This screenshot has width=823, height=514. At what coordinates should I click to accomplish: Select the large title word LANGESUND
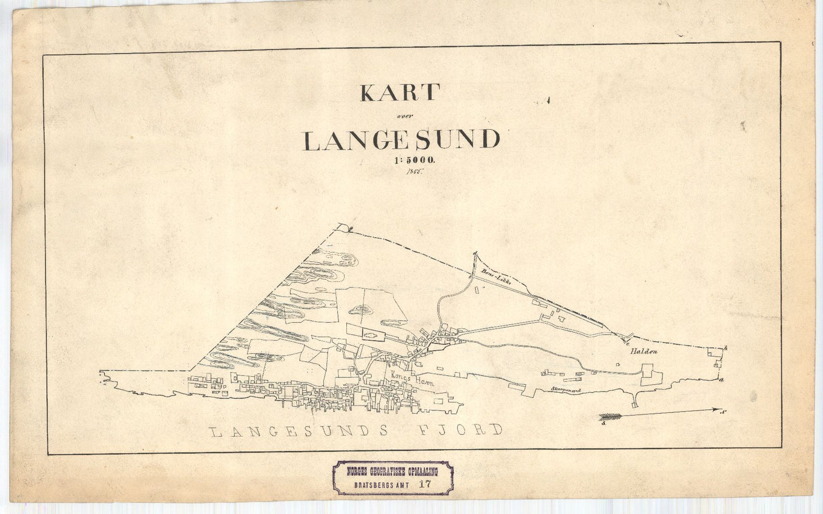(x=402, y=141)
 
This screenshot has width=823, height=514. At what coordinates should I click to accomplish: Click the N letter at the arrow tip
(x=722, y=411)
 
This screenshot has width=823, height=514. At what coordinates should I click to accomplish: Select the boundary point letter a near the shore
(x=722, y=380)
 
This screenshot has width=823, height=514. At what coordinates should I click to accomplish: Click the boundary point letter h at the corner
(x=726, y=348)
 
